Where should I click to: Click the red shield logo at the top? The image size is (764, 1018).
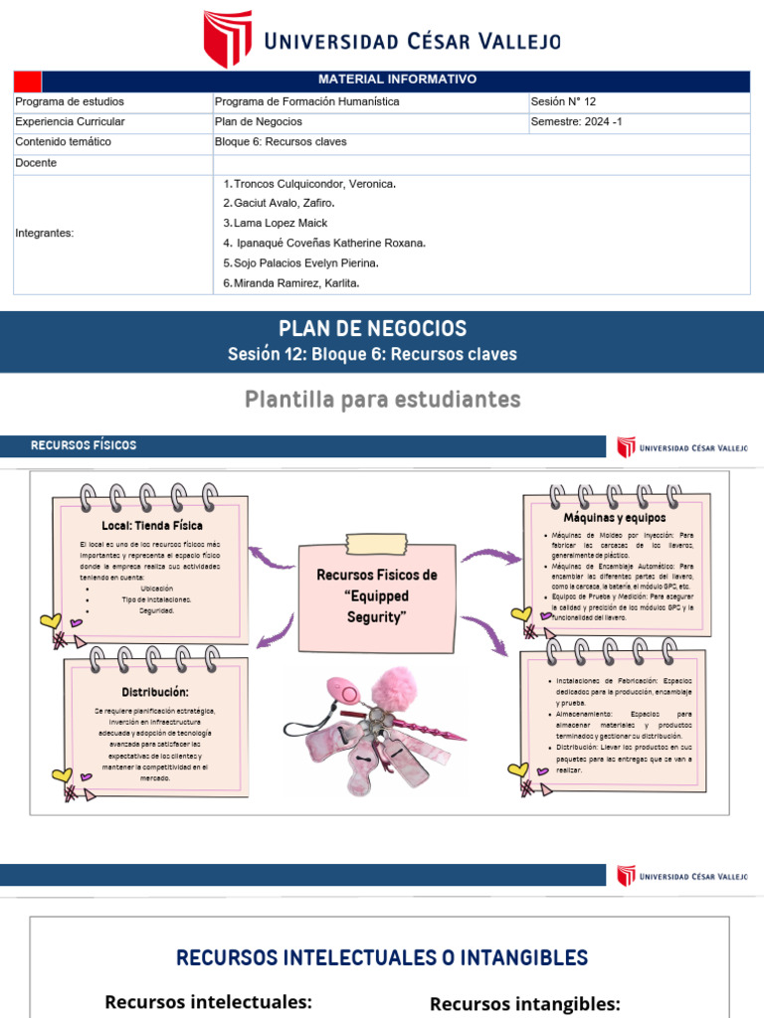(x=227, y=39)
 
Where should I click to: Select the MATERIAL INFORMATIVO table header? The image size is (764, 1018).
(x=397, y=80)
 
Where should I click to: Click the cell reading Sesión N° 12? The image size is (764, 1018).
(x=563, y=101)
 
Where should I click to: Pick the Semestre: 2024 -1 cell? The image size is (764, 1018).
(x=576, y=121)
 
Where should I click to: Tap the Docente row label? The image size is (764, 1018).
(x=36, y=163)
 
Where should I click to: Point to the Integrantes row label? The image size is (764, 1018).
(x=45, y=233)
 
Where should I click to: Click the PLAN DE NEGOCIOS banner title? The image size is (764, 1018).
(x=372, y=329)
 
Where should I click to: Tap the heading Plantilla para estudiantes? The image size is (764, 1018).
(x=383, y=400)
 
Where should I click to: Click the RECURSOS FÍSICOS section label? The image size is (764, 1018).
(x=84, y=445)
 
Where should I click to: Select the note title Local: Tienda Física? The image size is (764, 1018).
(x=152, y=525)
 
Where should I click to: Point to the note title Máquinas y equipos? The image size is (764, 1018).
(x=615, y=518)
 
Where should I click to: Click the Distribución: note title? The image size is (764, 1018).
(x=155, y=691)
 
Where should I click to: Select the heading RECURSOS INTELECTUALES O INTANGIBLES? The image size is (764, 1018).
(x=382, y=957)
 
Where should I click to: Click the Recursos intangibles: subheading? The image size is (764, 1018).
(x=525, y=1004)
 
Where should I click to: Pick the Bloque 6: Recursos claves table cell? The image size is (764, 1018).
(x=281, y=142)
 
